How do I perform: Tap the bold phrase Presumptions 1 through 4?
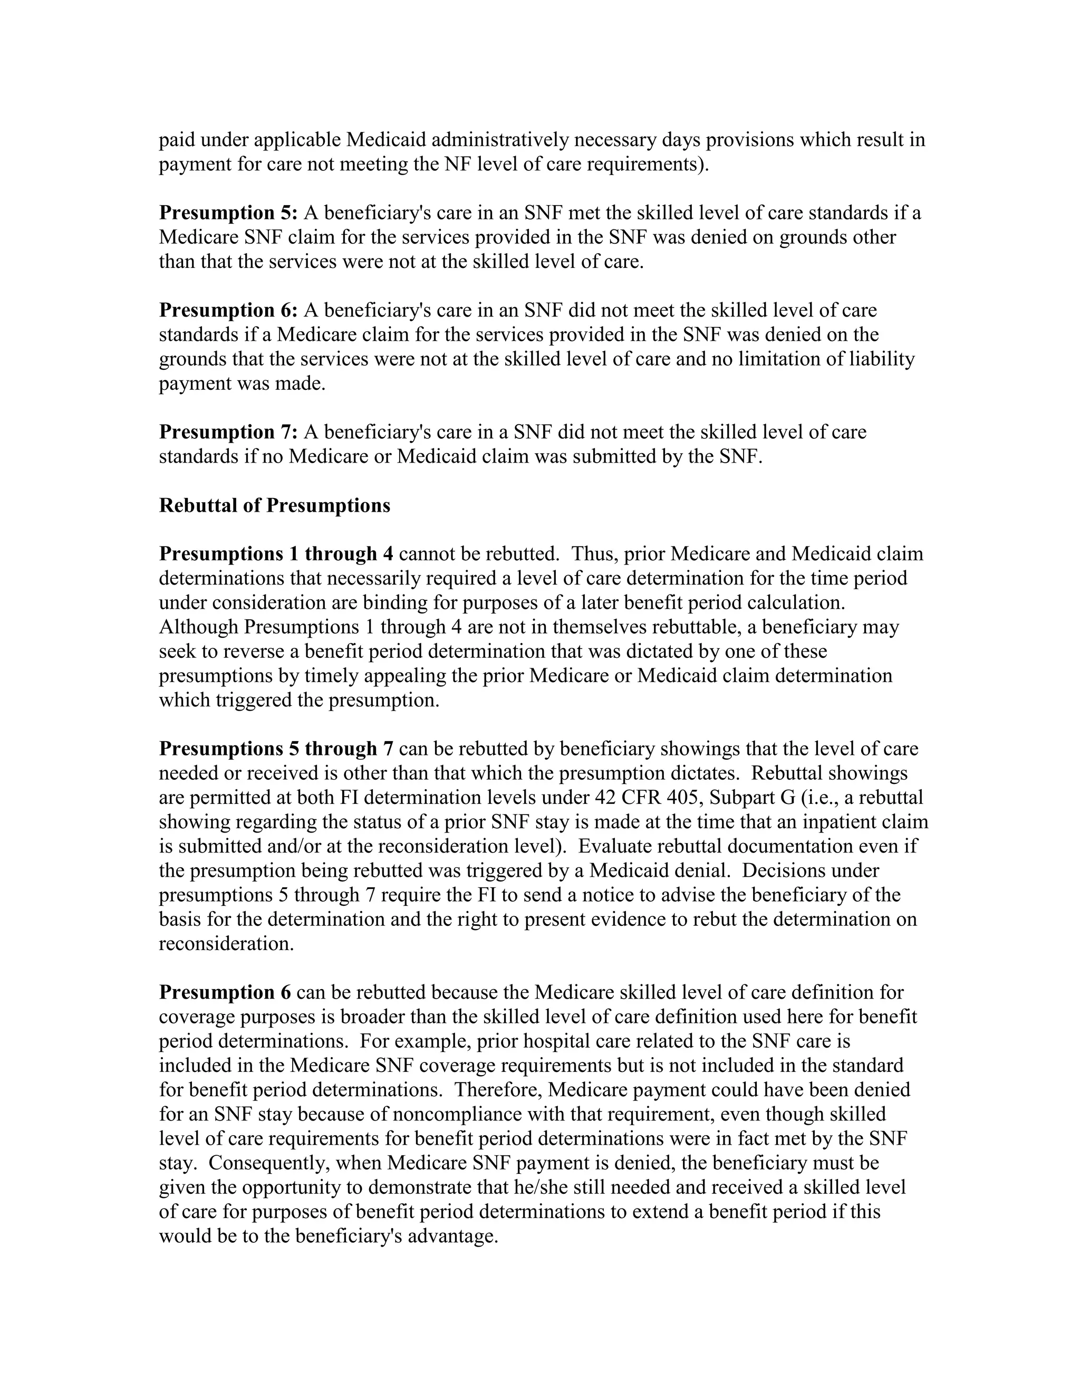click(276, 554)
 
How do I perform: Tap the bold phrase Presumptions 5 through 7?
click(276, 749)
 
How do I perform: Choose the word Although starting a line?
click(198, 627)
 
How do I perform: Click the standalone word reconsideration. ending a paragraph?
click(226, 944)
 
